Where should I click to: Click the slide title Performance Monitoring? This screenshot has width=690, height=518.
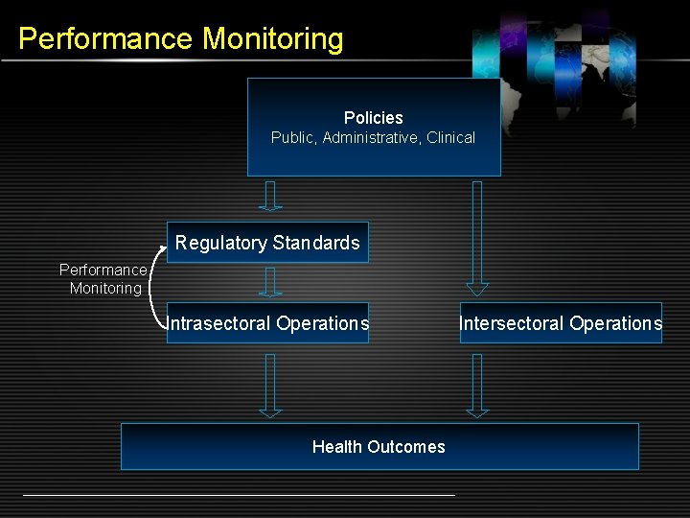coord(180,38)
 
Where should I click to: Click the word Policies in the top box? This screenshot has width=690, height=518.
coord(373,117)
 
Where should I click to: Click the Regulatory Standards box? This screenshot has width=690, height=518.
coord(267,243)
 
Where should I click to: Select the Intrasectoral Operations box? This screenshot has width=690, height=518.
coord(267,323)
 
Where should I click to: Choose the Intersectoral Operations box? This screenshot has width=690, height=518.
coord(561,323)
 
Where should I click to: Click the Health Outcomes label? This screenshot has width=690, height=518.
coord(379,446)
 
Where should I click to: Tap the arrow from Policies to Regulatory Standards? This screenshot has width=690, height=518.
coord(271,196)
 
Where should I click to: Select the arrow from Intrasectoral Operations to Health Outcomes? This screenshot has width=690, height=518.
coord(271,385)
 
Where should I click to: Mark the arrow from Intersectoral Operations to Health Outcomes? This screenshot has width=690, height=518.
coord(477,385)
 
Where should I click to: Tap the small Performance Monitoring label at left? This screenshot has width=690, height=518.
coord(103,279)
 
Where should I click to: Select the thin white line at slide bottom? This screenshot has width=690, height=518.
coord(239,495)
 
